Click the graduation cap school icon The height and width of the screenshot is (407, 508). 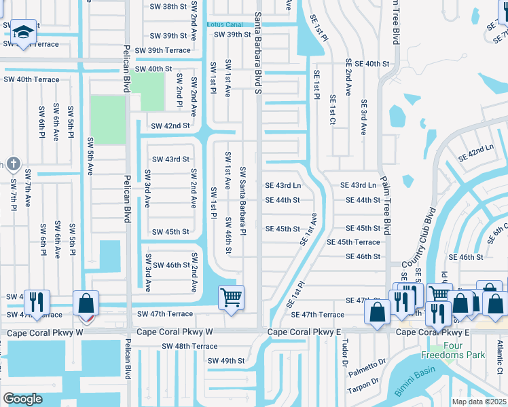22,32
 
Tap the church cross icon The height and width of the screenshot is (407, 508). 12,163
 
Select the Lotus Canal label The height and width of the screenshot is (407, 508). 228,24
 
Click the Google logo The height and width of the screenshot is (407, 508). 22,399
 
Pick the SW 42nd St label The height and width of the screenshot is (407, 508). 170,126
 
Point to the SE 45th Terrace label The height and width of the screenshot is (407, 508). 353,242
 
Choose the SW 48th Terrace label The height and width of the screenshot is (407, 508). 189,346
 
